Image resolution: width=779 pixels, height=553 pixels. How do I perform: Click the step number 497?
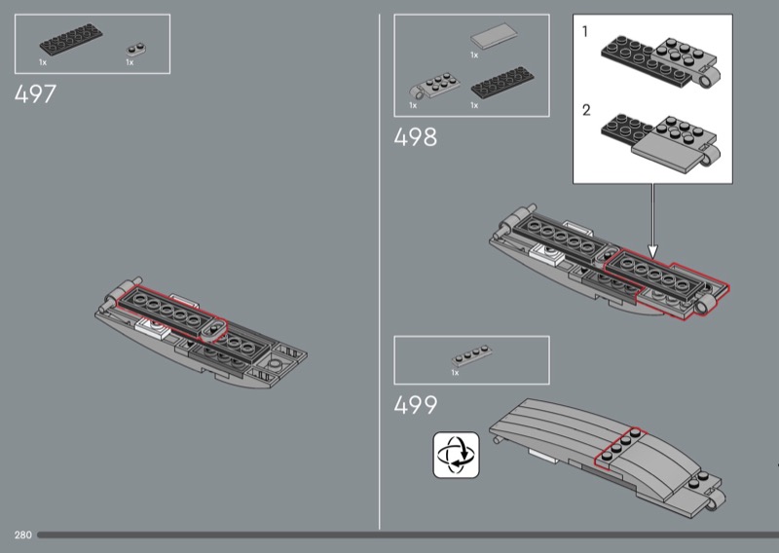(x=36, y=94)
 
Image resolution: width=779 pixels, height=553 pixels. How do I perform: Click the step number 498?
(x=416, y=137)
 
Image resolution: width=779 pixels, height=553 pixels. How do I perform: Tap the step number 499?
(x=416, y=405)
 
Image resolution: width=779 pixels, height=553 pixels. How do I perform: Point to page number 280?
(x=23, y=535)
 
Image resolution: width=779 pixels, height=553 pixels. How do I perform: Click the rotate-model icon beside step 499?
(x=458, y=456)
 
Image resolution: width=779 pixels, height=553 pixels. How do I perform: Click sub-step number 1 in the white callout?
(x=585, y=32)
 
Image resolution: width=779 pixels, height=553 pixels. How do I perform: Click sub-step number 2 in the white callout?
(x=585, y=110)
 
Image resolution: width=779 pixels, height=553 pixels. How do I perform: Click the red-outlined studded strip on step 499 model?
(x=618, y=447)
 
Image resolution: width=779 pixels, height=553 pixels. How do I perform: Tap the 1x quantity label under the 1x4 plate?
(x=454, y=372)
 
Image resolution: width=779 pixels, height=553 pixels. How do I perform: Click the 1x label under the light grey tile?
(x=474, y=55)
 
